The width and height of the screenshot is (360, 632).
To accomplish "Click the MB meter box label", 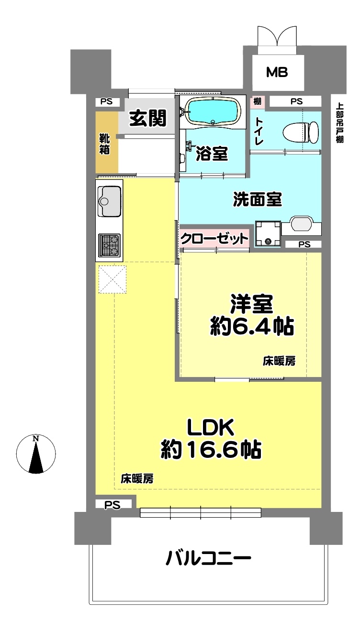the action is click(x=277, y=73).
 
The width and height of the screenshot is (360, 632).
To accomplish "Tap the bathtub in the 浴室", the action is click(x=214, y=111).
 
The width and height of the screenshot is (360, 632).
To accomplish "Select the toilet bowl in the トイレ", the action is click(x=301, y=132).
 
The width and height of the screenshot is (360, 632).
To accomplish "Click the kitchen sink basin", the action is click(x=109, y=200).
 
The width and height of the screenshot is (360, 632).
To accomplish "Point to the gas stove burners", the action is click(x=109, y=244).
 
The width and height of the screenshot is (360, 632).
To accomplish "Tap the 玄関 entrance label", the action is click(x=148, y=118).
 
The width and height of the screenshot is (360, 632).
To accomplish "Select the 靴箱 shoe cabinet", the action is click(x=107, y=142).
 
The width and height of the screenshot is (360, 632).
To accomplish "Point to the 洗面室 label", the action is click(x=258, y=200).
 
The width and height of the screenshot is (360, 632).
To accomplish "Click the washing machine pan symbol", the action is click(x=268, y=234).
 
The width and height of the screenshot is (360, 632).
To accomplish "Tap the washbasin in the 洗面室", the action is click(x=302, y=225).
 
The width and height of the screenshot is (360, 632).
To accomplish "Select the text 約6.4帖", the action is click(x=252, y=326).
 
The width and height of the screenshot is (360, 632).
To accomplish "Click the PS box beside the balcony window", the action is click(x=113, y=504).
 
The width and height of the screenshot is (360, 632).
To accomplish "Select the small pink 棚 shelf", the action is click(x=257, y=101).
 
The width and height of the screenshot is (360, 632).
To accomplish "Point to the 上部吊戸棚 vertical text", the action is click(x=340, y=123).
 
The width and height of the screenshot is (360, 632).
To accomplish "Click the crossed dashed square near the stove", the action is click(x=112, y=279).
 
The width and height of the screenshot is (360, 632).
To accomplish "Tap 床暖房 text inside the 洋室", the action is click(x=279, y=361).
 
